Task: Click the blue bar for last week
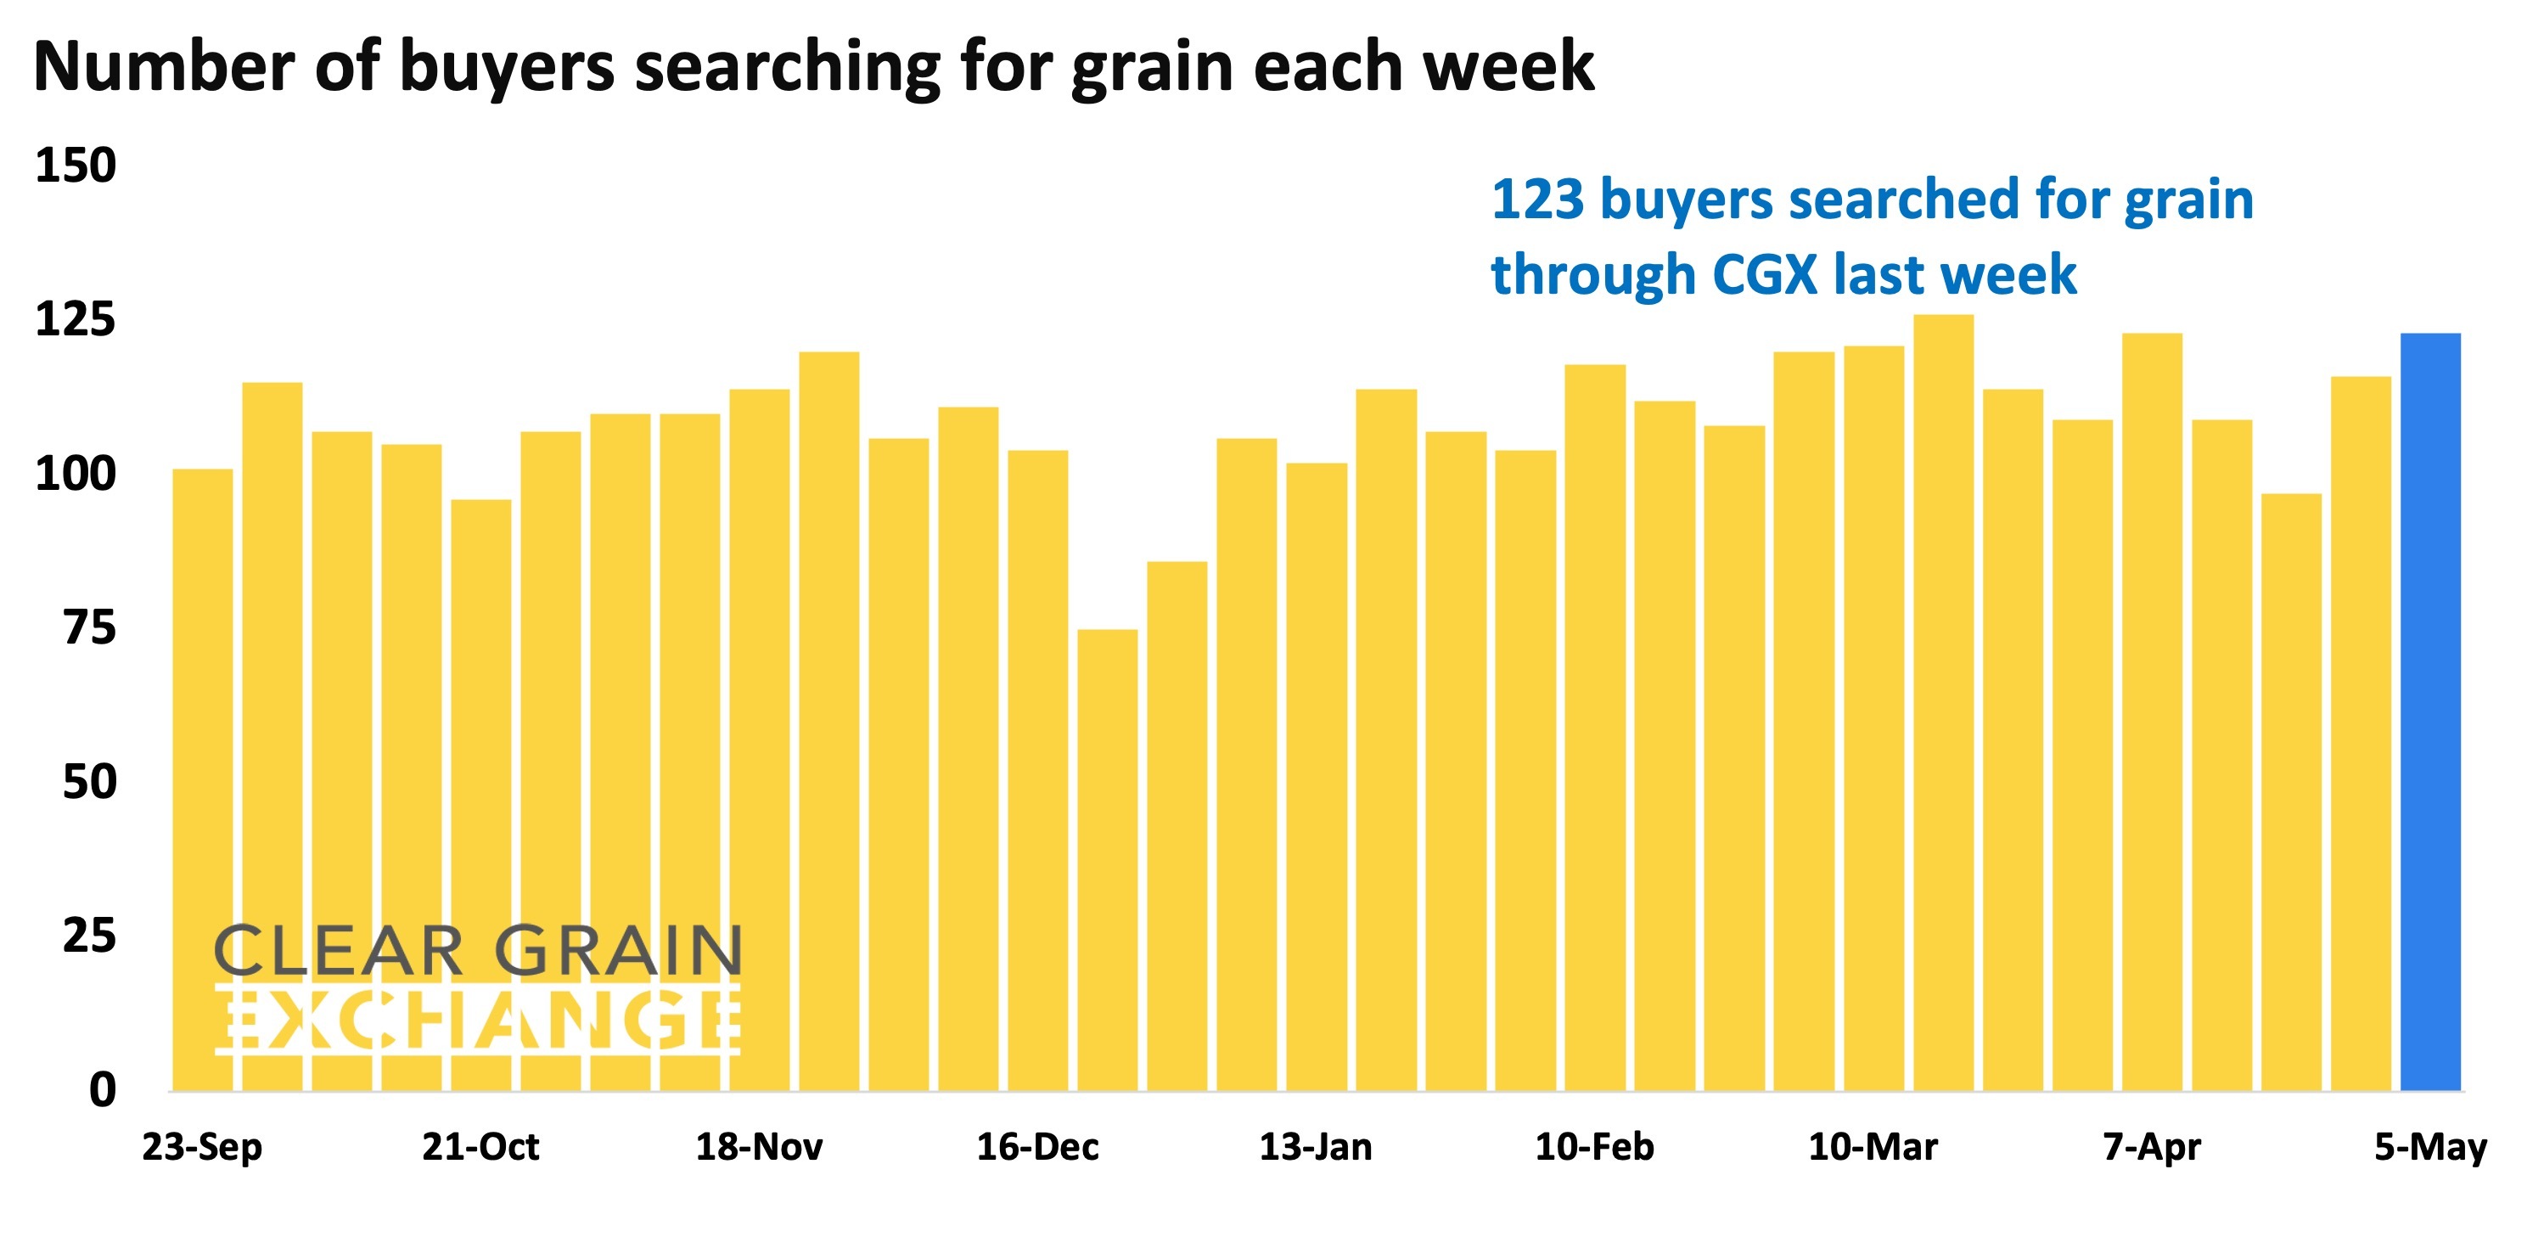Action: [2430, 711]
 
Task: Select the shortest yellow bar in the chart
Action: [1107, 859]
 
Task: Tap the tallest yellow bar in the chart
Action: [1944, 701]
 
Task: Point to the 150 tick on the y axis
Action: [75, 165]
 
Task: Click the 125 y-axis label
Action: [75, 319]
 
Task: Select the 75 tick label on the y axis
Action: [89, 627]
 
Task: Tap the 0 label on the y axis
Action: [102, 1090]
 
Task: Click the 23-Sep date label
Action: [203, 1147]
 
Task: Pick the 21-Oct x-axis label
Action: [481, 1147]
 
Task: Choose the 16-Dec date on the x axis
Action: [1038, 1147]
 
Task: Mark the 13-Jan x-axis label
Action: [1316, 1147]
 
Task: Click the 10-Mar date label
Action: [1873, 1147]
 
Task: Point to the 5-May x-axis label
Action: [2430, 1147]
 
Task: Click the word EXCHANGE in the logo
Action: [478, 1019]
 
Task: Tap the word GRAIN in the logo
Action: [618, 951]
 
